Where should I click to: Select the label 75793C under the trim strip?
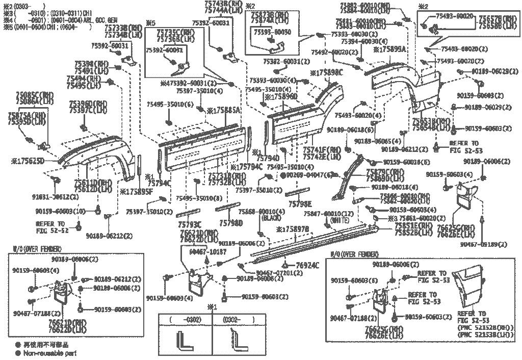(x=189, y=223)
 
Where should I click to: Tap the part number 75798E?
(x=300, y=204)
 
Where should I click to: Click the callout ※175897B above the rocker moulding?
(x=293, y=229)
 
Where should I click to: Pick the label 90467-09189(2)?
(x=484, y=244)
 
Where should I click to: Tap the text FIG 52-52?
(x=51, y=230)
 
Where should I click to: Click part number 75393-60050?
(x=272, y=32)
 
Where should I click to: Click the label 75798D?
(x=231, y=223)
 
